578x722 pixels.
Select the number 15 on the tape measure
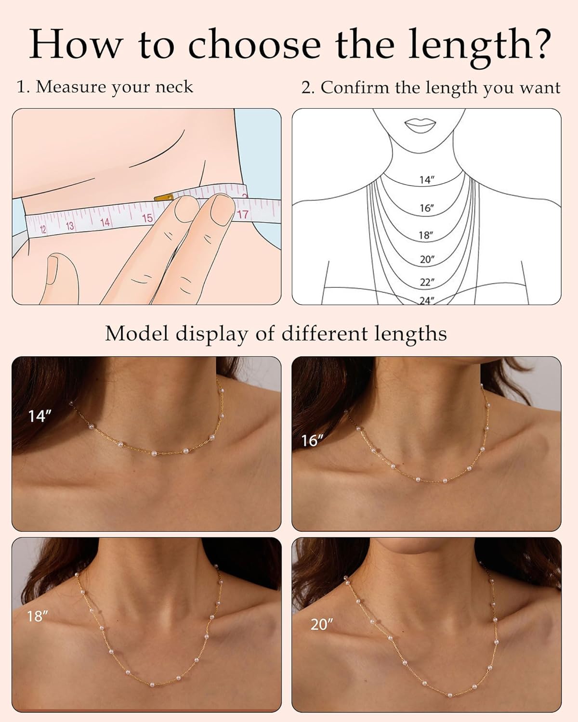click(x=147, y=218)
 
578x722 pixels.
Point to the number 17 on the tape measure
click(x=242, y=214)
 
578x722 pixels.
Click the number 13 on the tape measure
click(x=70, y=226)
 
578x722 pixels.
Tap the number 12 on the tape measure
click(x=43, y=230)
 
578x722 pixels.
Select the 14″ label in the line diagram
click(x=427, y=180)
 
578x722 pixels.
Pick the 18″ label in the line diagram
click(x=426, y=235)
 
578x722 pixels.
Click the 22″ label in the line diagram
click(x=427, y=282)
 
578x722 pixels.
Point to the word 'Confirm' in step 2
click(x=355, y=88)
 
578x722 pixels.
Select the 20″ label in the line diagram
click(x=427, y=259)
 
